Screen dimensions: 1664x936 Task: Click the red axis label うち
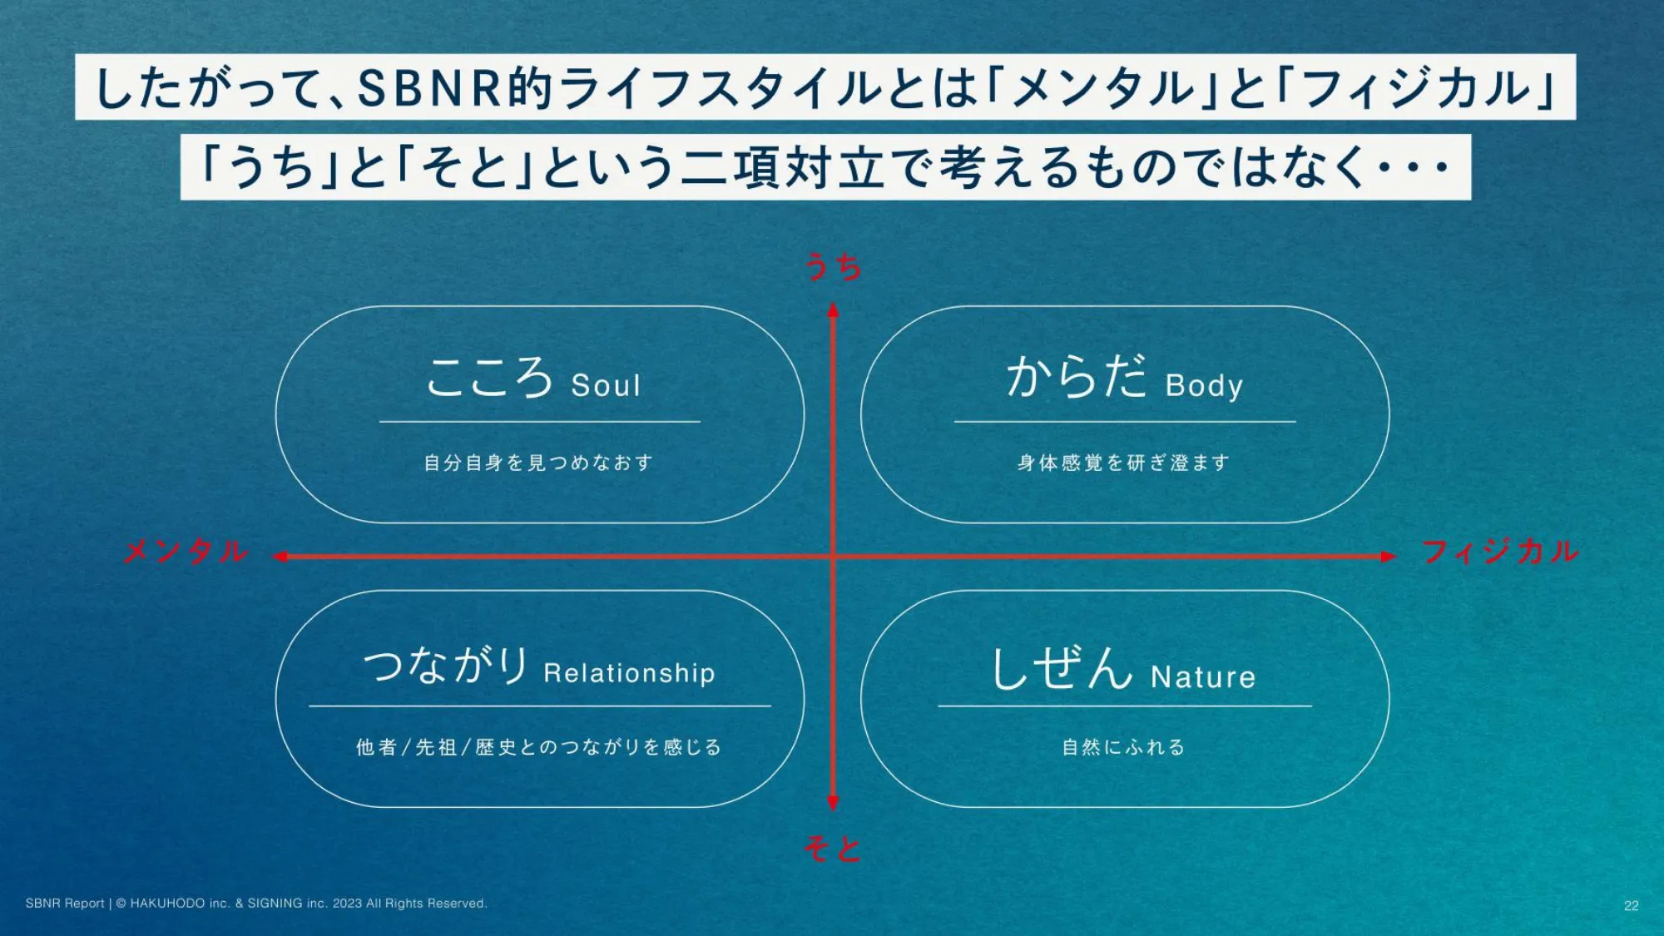tap(833, 267)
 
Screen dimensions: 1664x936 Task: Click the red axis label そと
tap(833, 849)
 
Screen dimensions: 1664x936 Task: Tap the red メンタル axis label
tap(186, 551)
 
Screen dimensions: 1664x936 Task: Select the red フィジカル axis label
tap(1500, 551)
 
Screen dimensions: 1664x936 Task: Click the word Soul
tap(607, 385)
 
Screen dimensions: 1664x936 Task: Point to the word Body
tap(1204, 385)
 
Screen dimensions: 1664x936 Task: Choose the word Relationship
tap(629, 672)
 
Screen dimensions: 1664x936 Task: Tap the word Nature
tap(1203, 676)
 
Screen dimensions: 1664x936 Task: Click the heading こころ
tap(490, 377)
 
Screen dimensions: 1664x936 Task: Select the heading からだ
tap(1077, 375)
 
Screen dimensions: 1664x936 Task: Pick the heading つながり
tap(447, 665)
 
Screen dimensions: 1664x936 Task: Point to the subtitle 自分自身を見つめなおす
tap(538, 463)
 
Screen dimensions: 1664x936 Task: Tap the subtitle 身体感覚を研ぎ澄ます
tap(1123, 463)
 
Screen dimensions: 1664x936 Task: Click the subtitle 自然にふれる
tap(1123, 747)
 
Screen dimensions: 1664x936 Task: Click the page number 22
tap(1631, 905)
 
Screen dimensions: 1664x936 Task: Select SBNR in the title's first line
tap(430, 87)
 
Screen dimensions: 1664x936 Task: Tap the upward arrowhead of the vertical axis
tap(833, 310)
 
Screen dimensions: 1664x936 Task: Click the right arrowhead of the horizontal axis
tap(1389, 557)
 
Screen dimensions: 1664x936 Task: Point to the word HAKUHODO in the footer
tap(167, 904)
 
